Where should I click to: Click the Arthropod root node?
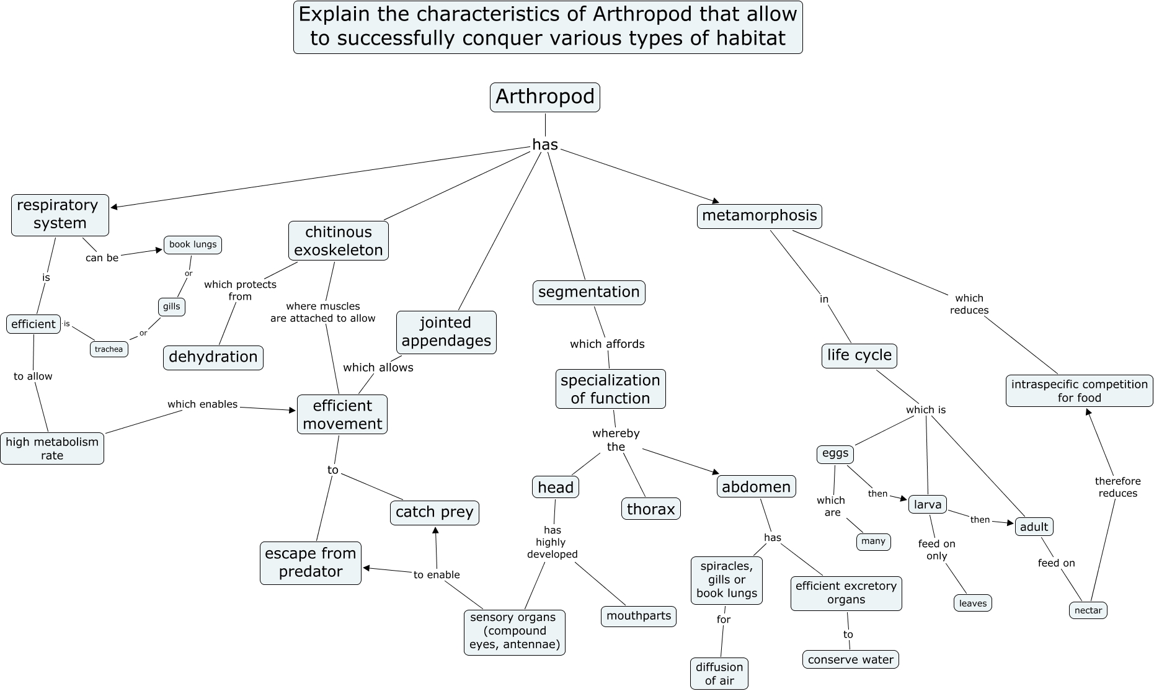[544, 97]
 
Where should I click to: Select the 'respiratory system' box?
[60, 215]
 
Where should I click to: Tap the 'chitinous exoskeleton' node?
[338, 241]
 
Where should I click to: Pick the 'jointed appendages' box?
[446, 332]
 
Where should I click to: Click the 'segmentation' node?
[588, 292]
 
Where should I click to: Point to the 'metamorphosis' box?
[759, 216]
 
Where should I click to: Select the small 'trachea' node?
[109, 349]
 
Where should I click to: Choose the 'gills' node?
[171, 306]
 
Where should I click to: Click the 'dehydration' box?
[213, 357]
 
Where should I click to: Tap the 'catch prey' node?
[434, 512]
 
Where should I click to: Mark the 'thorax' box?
[650, 509]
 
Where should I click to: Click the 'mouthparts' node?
[638, 616]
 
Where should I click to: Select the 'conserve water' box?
[850, 659]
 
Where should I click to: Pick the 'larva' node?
[928, 504]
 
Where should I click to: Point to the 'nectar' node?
[1088, 610]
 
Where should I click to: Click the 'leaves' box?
[972, 603]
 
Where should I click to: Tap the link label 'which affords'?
[607, 344]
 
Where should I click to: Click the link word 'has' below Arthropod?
[545, 145]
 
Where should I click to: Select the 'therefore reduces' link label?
[1117, 487]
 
